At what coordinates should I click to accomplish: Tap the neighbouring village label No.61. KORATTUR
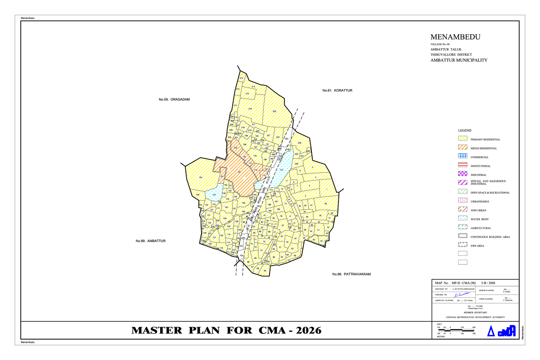(x=337, y=91)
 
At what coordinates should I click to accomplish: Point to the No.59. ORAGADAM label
(x=171, y=99)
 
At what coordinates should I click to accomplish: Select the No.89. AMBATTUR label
(x=151, y=241)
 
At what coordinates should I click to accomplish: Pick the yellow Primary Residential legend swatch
(x=463, y=139)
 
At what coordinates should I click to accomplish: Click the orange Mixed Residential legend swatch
(x=463, y=148)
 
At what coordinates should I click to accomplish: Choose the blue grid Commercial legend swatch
(x=463, y=157)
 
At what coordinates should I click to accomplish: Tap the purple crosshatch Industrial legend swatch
(x=463, y=175)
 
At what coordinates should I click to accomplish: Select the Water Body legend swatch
(x=463, y=219)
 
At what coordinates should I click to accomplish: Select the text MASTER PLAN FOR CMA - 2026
(x=226, y=331)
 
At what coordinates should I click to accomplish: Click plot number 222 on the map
(x=274, y=111)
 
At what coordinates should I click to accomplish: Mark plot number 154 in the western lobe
(x=200, y=178)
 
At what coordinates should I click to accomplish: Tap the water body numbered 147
(x=215, y=194)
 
